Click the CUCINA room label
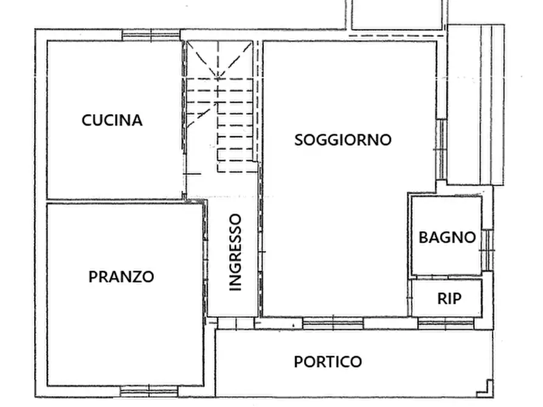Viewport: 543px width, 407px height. click(112, 120)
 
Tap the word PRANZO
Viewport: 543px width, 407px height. click(121, 277)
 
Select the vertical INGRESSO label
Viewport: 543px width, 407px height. click(235, 252)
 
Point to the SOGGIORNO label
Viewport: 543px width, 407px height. click(343, 140)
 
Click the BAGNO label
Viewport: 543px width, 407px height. click(447, 237)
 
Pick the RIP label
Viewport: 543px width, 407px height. click(449, 298)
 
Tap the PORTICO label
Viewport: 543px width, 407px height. click(328, 362)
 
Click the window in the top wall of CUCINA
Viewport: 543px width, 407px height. click(151, 35)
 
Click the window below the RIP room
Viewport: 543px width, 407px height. click(446, 323)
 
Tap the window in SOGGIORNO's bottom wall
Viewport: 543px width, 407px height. click(333, 323)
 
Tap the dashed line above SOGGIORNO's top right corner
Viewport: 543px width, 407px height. click(395, 36)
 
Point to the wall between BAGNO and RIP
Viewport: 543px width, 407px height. click(446, 278)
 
